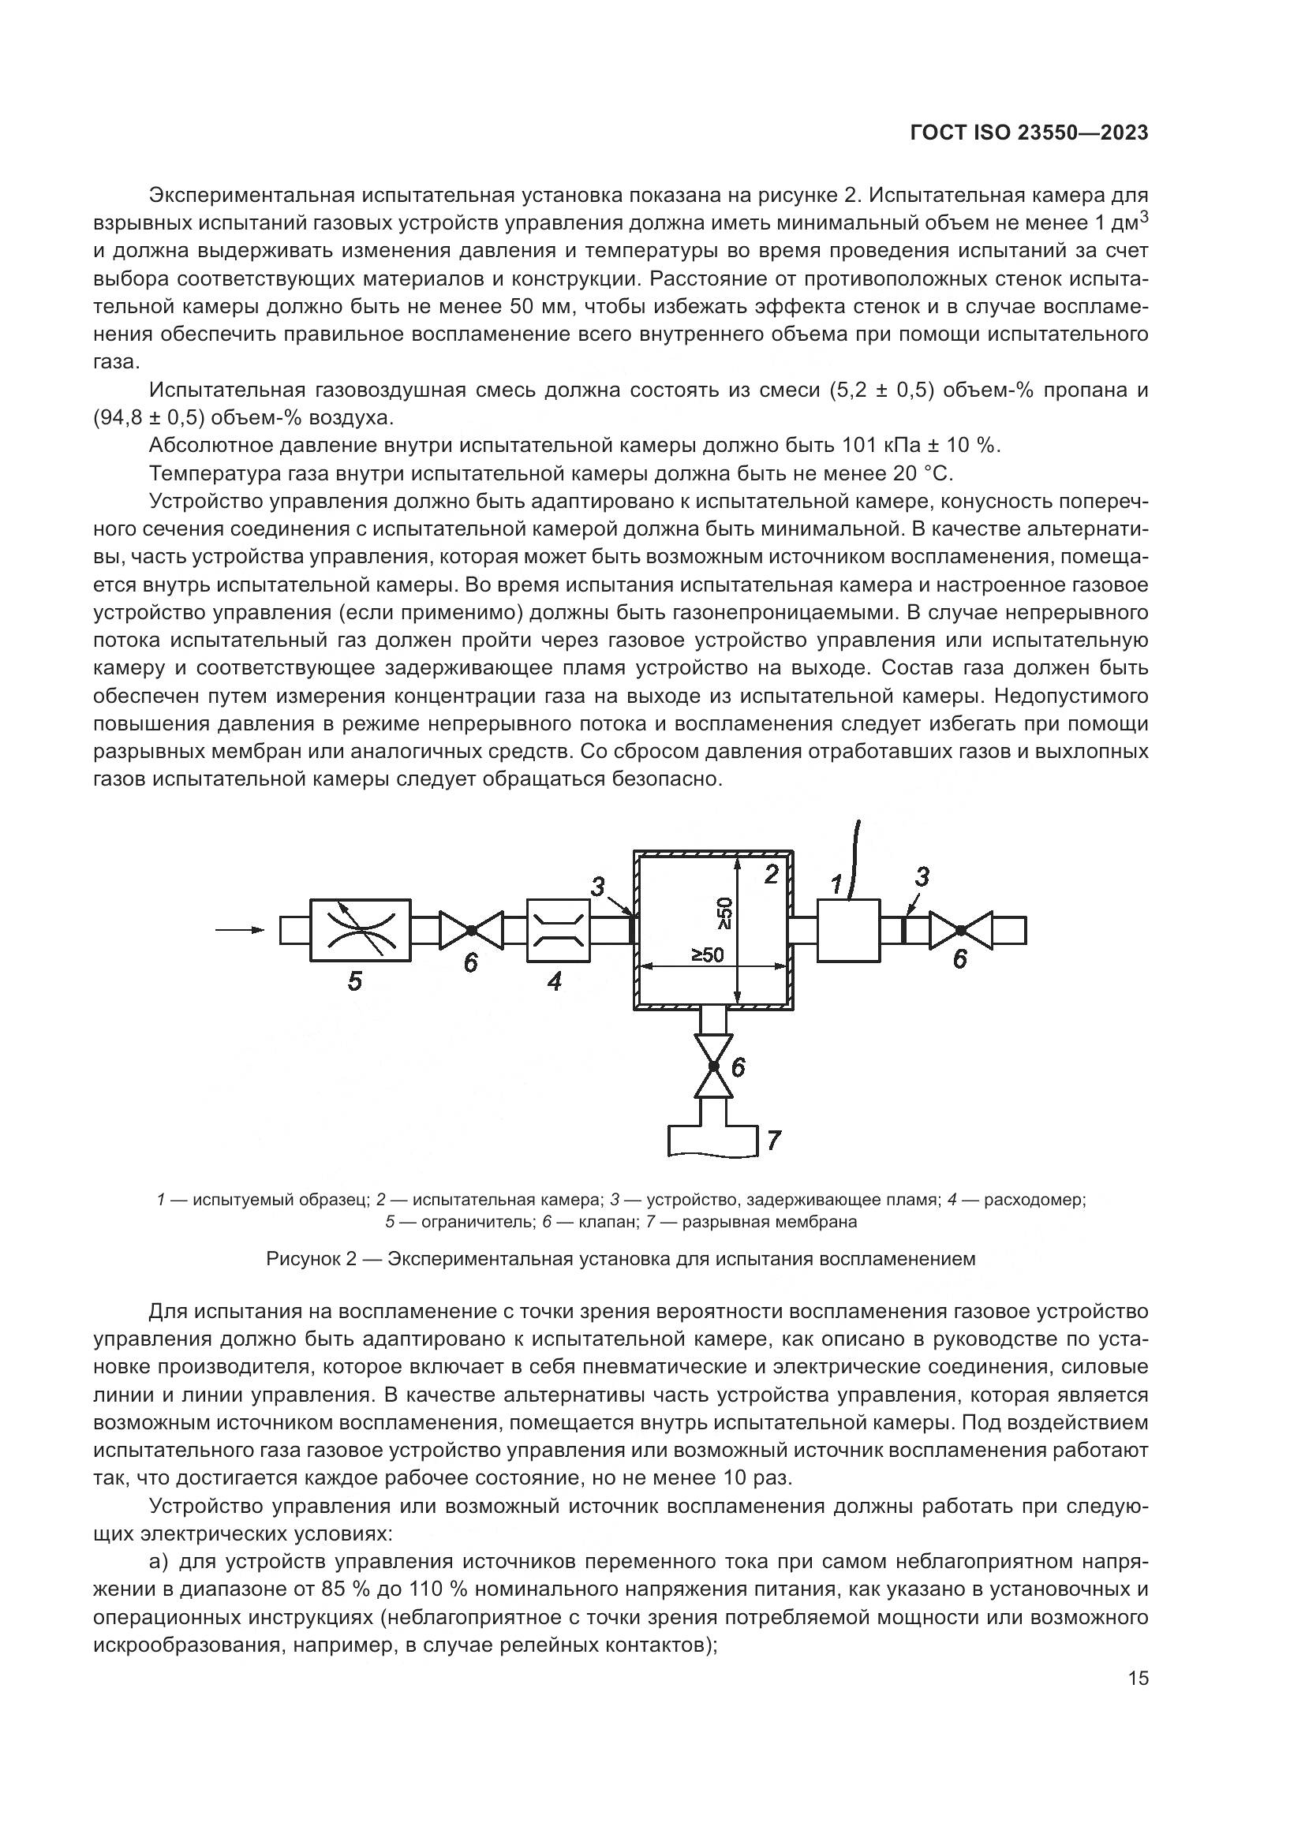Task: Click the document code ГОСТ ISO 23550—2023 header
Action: pyautogui.click(x=1029, y=133)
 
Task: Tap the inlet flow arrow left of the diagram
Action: pyautogui.click(x=241, y=930)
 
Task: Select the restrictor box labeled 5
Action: pyautogui.click(x=361, y=930)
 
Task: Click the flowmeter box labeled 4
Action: pyautogui.click(x=558, y=930)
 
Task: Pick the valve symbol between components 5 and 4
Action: pyautogui.click(x=471, y=930)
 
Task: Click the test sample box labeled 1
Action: pyautogui.click(x=849, y=930)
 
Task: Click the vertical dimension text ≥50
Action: pyautogui.click(x=726, y=913)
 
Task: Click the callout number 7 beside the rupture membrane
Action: pyautogui.click(x=773, y=1140)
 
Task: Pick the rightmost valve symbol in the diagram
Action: pyautogui.click(x=960, y=930)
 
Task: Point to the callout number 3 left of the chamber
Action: pyautogui.click(x=598, y=887)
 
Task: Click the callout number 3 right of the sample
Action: pyautogui.click(x=922, y=876)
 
